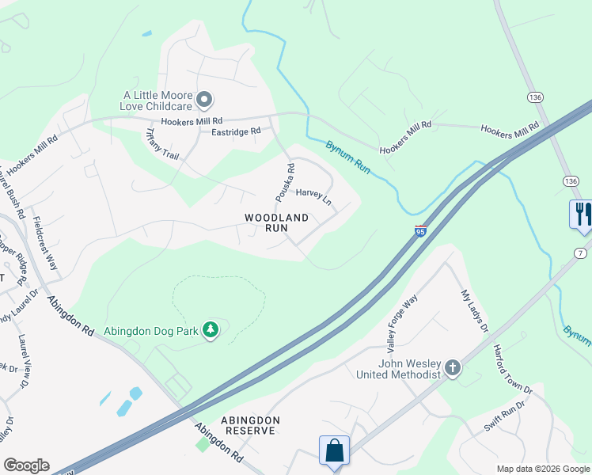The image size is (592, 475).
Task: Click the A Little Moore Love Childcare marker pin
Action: pos(205,100)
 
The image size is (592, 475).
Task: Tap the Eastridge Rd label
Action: pos(235,131)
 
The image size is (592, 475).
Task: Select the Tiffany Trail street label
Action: pos(163,144)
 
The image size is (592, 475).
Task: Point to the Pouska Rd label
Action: pos(290,180)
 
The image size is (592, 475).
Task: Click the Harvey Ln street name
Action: pos(313,197)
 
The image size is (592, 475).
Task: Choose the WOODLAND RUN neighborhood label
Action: pos(276,222)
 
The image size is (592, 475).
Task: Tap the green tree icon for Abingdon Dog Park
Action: pos(211,329)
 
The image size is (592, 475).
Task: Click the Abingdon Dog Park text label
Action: pos(150,329)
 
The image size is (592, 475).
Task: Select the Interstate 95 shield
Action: pos(420,231)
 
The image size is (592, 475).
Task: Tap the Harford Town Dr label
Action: pos(513,369)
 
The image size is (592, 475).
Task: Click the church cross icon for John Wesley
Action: pos(452,368)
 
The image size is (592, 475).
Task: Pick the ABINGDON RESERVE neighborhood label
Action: pos(237,425)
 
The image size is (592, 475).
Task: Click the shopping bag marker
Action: pos(334,450)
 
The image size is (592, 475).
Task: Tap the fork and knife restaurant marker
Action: pos(582,215)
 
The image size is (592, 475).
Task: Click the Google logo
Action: pos(26,465)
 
